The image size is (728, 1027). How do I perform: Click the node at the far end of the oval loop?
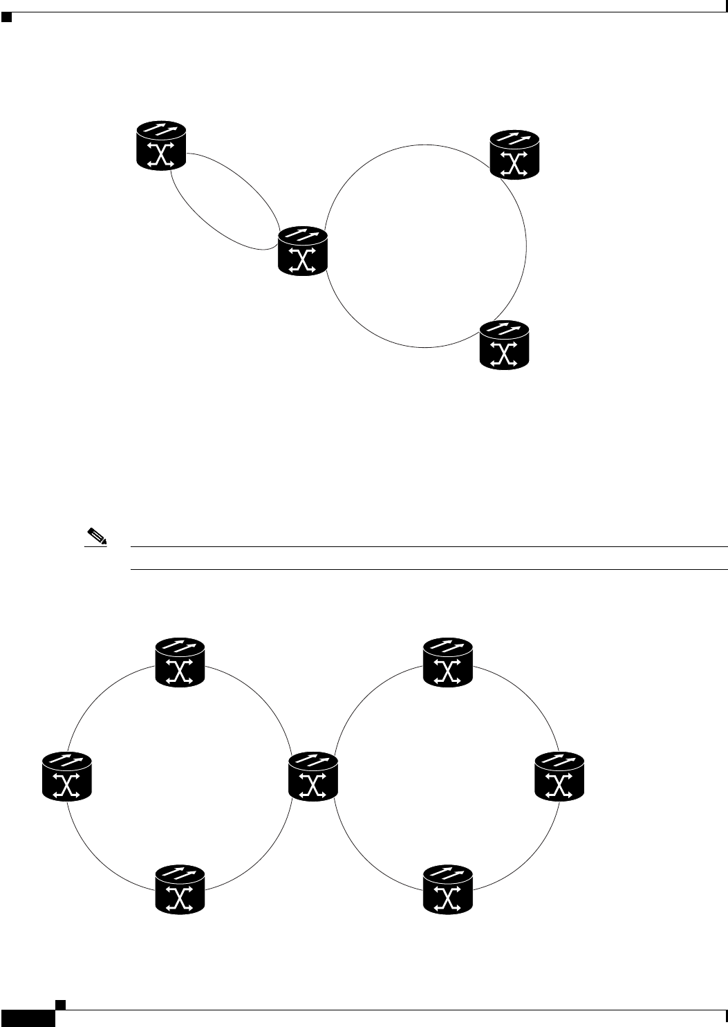(162, 145)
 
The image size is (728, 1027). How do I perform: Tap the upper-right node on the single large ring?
(514, 156)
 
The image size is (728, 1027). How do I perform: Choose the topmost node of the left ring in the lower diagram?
(180, 663)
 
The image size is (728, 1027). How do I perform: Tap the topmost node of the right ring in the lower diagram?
(448, 663)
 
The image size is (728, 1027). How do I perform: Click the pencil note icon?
(93, 535)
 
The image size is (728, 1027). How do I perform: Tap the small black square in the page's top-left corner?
(6, 17)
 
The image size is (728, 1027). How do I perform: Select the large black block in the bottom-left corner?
(27, 1018)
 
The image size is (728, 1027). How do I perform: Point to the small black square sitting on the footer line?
(61, 1003)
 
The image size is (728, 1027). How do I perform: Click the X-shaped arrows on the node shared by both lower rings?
(313, 785)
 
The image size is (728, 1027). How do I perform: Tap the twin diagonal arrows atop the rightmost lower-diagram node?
(561, 761)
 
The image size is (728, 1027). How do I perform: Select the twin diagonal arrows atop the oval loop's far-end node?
(162, 129)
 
